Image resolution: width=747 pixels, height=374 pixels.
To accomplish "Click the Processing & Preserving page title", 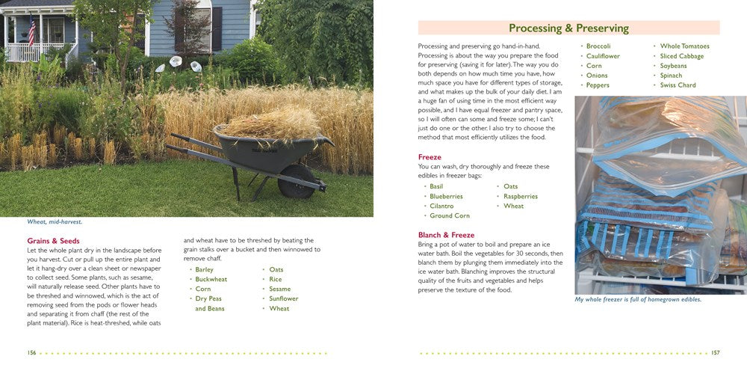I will [x=568, y=28].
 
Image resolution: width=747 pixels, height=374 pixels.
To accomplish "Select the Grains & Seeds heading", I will [x=53, y=241].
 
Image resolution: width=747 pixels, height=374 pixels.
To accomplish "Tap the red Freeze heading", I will [x=430, y=157].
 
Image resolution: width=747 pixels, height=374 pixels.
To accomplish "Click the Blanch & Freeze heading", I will [x=446, y=235].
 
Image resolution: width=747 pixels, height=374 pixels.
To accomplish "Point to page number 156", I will [x=31, y=352].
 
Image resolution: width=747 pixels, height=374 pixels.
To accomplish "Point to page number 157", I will [x=715, y=352].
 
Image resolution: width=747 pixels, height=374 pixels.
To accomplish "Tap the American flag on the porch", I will [x=31, y=32].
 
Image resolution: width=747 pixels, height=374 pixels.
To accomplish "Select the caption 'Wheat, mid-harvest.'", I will [x=55, y=221].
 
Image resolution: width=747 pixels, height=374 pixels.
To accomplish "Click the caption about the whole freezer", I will [x=638, y=299].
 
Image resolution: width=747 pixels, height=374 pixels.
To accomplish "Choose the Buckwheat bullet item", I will [x=211, y=279].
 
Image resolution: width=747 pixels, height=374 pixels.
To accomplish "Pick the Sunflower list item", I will [x=283, y=298].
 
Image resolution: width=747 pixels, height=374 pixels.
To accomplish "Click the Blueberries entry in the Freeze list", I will [x=446, y=196].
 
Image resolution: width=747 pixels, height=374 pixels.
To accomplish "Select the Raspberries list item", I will [x=520, y=196].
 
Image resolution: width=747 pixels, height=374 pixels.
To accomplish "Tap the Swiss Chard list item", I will [x=678, y=85].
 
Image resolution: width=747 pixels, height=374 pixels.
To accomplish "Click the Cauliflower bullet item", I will [x=603, y=56].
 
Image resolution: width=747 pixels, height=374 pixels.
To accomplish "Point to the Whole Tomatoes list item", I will [x=684, y=46].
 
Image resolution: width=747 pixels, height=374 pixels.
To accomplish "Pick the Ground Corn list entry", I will [x=450, y=215].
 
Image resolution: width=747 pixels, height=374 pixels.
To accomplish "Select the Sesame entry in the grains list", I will [x=279, y=289].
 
